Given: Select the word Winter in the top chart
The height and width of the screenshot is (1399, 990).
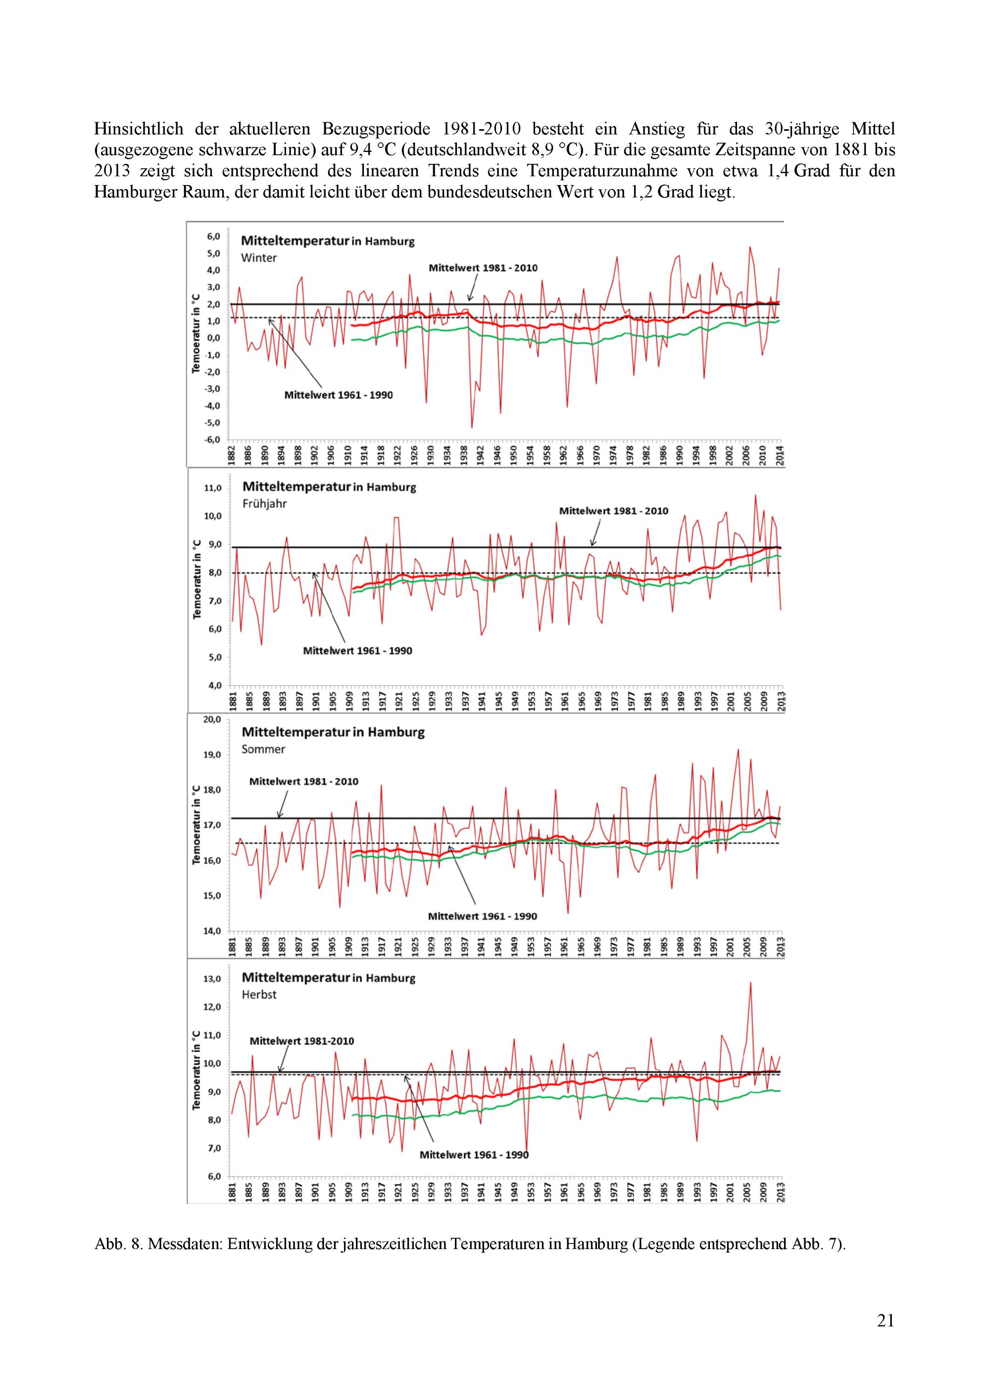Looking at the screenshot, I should (x=258, y=258).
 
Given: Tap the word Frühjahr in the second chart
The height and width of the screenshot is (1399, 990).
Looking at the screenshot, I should (x=264, y=504).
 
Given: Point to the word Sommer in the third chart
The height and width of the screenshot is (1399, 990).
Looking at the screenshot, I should (x=263, y=749).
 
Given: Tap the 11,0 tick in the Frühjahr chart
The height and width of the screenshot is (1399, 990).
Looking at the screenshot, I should (x=214, y=488).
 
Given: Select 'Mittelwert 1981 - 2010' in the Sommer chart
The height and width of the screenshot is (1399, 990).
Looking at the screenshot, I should (x=303, y=781).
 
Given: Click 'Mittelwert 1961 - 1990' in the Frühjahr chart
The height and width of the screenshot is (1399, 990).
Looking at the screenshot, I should (x=357, y=651).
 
